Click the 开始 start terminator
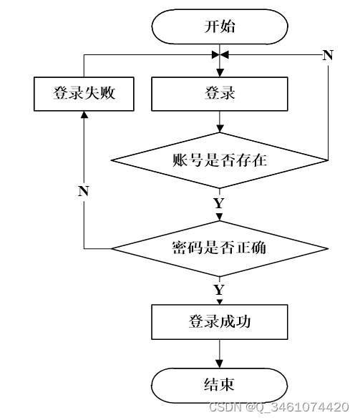[220, 26]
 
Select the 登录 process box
[220, 94]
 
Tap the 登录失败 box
[84, 94]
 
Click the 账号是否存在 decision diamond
[220, 160]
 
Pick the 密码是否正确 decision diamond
[220, 248]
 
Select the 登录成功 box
[220, 322]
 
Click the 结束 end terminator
[220, 385]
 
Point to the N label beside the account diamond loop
[328, 55]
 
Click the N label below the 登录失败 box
[84, 191]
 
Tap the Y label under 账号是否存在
[219, 203]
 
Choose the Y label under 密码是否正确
[219, 290]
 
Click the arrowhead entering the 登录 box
[220, 73]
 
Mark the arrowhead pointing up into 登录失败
[84, 115]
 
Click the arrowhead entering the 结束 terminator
[220, 363]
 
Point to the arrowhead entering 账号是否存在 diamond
[220, 129]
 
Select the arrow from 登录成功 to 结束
[220, 353]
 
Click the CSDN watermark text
[278, 407]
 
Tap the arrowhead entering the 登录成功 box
[220, 301]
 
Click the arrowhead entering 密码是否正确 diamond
[220, 217]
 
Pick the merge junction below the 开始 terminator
[220, 55]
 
